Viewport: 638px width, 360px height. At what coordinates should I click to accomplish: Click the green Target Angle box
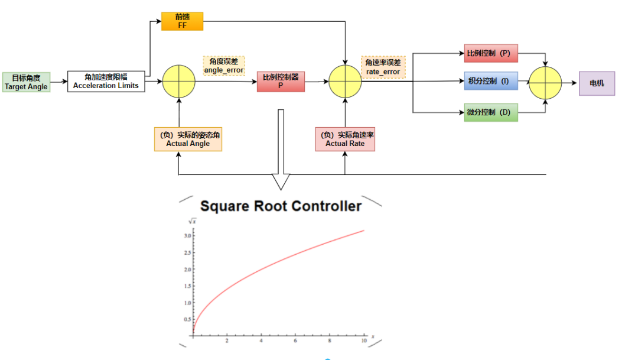tap(26, 82)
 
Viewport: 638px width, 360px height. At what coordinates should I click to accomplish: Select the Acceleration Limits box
tap(106, 81)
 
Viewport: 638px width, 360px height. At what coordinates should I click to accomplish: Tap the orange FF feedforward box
tap(182, 21)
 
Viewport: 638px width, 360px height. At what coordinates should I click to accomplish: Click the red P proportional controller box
tap(281, 82)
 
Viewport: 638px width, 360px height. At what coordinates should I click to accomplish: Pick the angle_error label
tap(224, 66)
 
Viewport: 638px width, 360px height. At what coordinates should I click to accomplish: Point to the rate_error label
tap(383, 67)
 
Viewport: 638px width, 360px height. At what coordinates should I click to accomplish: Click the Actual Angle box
tap(188, 140)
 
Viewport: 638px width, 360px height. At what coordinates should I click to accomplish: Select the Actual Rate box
tap(345, 140)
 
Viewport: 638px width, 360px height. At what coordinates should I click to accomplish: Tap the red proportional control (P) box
tap(491, 54)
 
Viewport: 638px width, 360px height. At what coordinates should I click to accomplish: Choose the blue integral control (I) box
tap(491, 82)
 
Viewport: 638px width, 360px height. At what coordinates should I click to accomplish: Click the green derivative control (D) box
tap(491, 112)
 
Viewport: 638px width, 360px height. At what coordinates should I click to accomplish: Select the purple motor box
tap(597, 83)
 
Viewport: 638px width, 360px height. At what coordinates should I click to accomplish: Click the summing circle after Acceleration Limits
tap(178, 82)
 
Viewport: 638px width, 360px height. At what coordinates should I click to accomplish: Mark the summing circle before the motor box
tap(545, 83)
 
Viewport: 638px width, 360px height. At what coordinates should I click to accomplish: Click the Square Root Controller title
tap(281, 206)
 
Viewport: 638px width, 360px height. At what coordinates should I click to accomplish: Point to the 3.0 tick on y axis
tap(187, 236)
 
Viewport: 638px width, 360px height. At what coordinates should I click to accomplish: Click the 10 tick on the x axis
tap(362, 342)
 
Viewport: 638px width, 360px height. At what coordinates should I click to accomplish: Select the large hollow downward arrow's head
tap(281, 181)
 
